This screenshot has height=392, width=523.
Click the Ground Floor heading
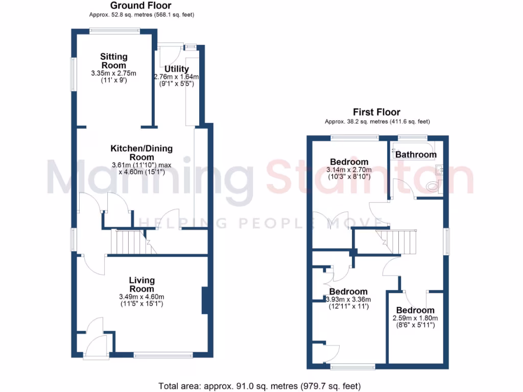tap(141, 6)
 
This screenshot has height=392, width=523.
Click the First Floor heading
tap(377, 112)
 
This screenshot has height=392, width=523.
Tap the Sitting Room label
tap(114, 61)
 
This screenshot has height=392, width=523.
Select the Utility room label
tap(177, 69)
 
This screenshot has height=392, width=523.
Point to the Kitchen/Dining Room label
tap(141, 153)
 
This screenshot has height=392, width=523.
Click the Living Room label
tap(141, 284)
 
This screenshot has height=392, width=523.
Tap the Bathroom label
tap(416, 155)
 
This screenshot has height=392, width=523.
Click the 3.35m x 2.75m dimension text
tap(114, 73)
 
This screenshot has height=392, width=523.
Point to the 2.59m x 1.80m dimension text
tap(415, 318)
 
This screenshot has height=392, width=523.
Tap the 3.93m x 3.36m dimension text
tap(348, 300)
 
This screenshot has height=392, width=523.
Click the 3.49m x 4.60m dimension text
tap(141, 297)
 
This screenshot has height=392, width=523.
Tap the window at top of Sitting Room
tap(114, 31)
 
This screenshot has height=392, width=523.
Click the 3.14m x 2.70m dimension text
tap(349, 170)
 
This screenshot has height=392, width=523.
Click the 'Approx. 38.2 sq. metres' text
tap(377, 121)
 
